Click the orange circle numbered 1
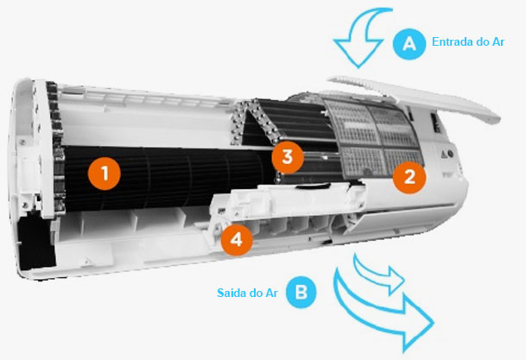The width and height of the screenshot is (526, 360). pyautogui.click(x=105, y=174)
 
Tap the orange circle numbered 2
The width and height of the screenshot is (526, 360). pyautogui.click(x=409, y=177)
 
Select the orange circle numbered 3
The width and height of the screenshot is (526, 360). pyautogui.click(x=288, y=157)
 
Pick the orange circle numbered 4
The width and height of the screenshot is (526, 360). pyautogui.click(x=237, y=240)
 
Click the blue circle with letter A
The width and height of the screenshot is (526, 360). pyautogui.click(x=409, y=43)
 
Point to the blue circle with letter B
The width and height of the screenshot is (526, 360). pyautogui.click(x=301, y=293)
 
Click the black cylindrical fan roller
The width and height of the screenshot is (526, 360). pyautogui.click(x=168, y=178)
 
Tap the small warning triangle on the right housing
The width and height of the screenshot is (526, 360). pyautogui.click(x=443, y=155)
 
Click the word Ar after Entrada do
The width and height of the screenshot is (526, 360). pyautogui.click(x=498, y=41)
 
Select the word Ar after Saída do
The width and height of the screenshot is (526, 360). pyautogui.click(x=271, y=293)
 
